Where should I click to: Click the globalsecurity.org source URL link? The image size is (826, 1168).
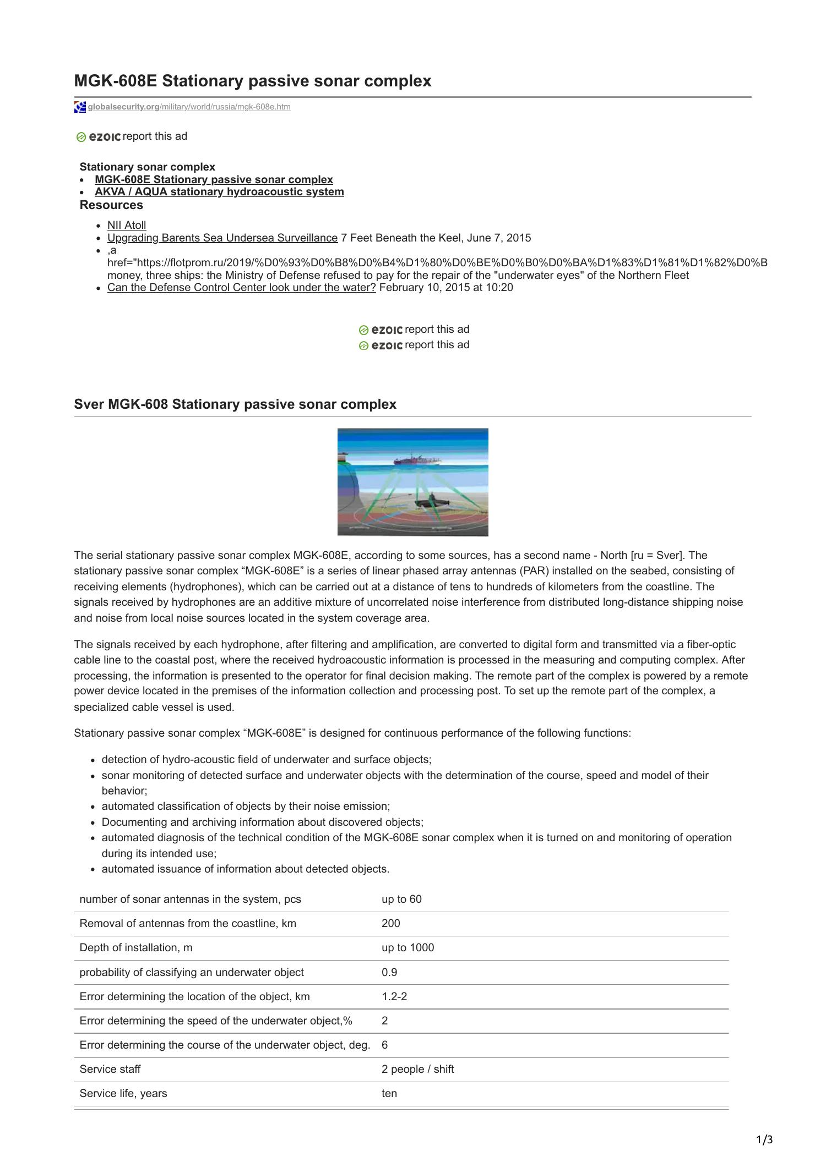tap(189, 107)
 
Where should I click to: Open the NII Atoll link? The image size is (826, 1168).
tap(127, 225)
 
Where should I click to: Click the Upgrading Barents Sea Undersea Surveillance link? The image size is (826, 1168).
tap(222, 238)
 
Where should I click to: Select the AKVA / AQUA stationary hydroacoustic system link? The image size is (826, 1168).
tap(219, 191)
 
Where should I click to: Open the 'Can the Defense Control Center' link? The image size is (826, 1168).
tap(241, 287)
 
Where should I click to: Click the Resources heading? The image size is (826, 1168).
tap(111, 205)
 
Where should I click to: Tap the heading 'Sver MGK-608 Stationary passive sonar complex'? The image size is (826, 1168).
tap(235, 404)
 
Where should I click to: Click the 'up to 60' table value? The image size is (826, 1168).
tap(401, 899)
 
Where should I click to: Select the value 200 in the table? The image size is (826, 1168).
tap(390, 923)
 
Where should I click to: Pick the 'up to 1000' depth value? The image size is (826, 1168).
tap(407, 947)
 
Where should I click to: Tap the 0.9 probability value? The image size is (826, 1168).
tap(389, 972)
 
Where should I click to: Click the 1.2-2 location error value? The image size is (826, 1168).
tap(394, 996)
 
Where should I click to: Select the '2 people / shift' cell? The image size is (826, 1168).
tap(417, 1069)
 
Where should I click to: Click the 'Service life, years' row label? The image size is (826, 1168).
tap(123, 1093)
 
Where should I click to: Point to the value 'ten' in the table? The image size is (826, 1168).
tap(389, 1093)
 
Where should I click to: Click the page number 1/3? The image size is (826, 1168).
tap(764, 1140)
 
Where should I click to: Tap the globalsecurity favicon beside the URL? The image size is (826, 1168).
tap(80, 107)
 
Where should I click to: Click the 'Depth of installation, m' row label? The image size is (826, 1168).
tap(136, 947)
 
